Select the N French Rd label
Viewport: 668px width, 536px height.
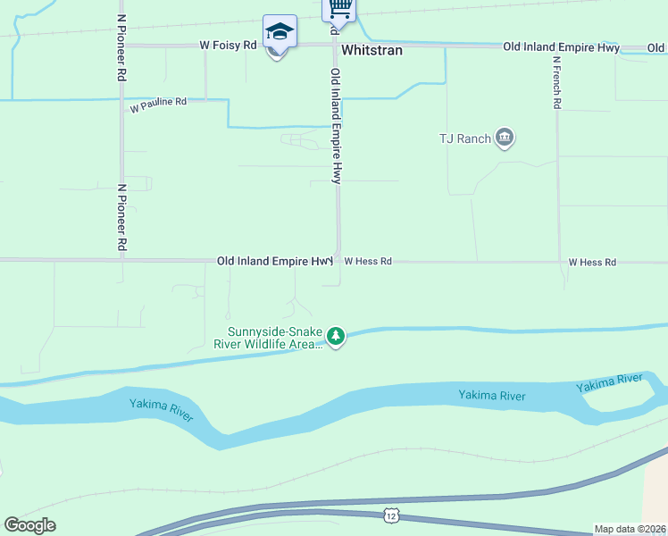tap(556, 83)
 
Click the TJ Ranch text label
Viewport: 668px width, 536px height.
tap(465, 138)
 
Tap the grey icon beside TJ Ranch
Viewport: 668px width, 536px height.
tap(505, 138)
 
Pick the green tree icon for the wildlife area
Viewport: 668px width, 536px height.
tap(336, 337)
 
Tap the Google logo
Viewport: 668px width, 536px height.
tap(29, 525)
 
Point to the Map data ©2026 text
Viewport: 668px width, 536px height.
tap(630, 529)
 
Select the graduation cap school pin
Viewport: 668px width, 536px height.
tap(279, 33)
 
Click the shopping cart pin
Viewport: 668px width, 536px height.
tap(338, 9)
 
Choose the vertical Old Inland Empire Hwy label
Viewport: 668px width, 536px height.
tap(336, 127)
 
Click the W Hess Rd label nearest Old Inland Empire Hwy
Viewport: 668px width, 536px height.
tap(368, 262)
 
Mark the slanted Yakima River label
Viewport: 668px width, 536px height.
tap(609, 383)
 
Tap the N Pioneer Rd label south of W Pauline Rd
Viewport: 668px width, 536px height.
tap(121, 217)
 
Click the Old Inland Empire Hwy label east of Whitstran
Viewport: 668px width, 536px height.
tap(561, 46)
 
